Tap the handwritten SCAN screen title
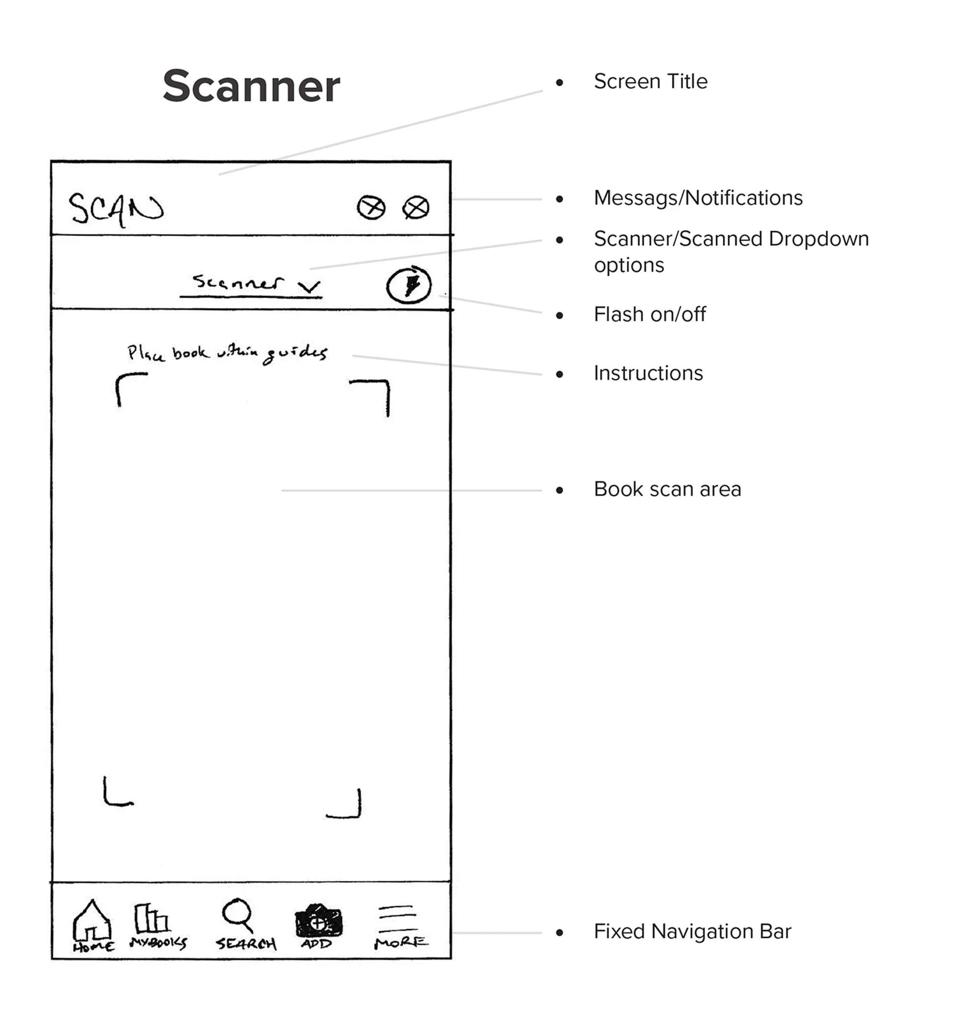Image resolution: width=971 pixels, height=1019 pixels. [x=116, y=209]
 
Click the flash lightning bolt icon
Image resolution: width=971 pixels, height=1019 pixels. [x=409, y=285]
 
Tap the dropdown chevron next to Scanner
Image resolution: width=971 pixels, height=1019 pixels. [x=309, y=286]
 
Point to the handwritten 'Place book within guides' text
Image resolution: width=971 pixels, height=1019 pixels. [x=227, y=353]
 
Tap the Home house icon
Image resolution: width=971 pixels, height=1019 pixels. [x=92, y=921]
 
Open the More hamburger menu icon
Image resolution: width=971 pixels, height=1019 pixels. [x=397, y=918]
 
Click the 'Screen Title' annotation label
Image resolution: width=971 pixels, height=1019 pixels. [x=650, y=81]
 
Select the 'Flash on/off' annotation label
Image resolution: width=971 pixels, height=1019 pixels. [x=649, y=314]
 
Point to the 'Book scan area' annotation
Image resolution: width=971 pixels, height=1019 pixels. [x=667, y=489]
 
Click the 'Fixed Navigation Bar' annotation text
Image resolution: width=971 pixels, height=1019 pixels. [x=692, y=932]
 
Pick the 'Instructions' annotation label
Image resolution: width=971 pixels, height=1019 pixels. [x=648, y=373]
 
